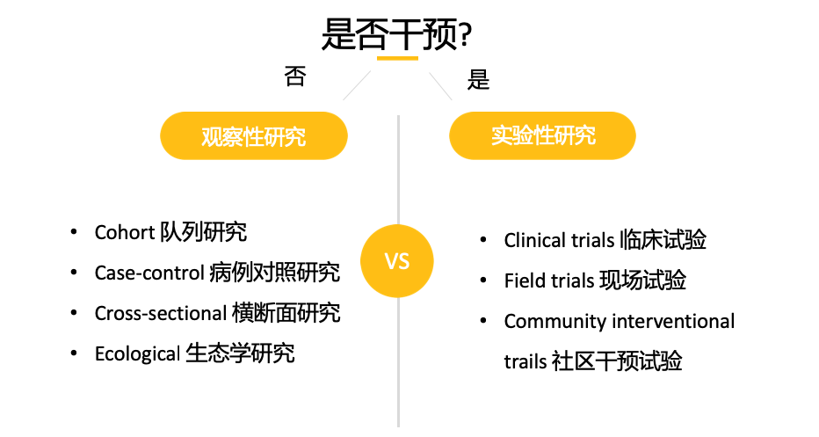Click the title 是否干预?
point(397,35)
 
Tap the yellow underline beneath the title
point(397,59)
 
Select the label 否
point(295,77)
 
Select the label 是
point(479,81)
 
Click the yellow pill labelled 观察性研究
point(253,136)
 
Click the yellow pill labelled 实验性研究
point(542,135)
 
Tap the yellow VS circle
point(397,261)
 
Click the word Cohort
point(124,233)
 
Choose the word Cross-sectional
point(159,314)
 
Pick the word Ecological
point(137,354)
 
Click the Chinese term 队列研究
point(204,233)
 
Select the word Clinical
point(535,240)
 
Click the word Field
point(525,280)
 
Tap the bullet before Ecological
point(74,354)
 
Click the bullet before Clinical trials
point(483,240)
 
